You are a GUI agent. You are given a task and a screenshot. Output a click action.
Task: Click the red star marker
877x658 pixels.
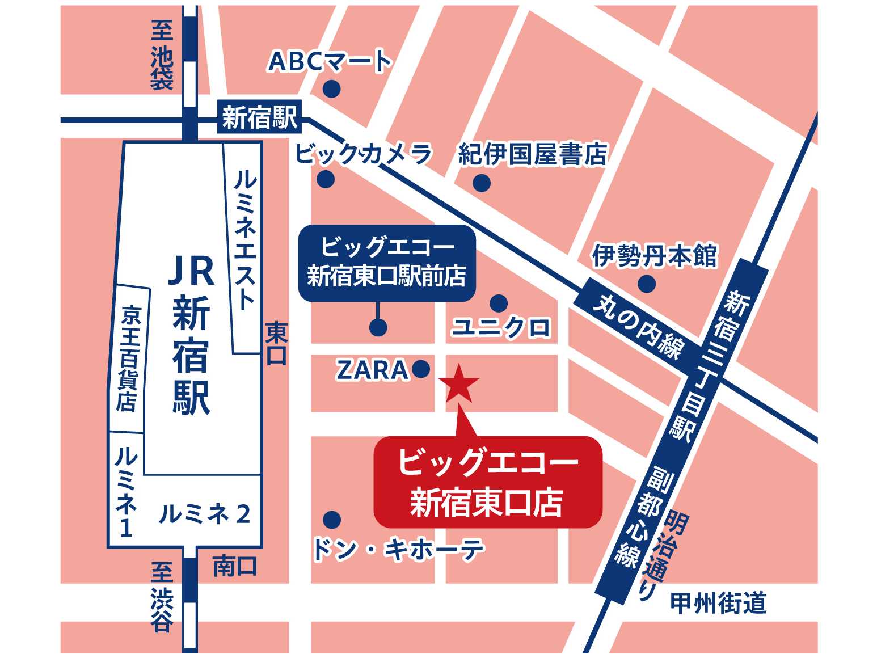pos(459,384)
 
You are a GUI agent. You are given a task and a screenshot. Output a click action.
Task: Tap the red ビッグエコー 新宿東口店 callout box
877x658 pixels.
pos(487,482)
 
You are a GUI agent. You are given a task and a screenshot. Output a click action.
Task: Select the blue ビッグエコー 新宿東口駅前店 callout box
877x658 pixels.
pos(387,263)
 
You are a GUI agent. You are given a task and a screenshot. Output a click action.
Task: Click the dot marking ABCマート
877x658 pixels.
pos(331,89)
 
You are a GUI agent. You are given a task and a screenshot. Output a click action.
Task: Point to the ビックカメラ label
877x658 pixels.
pos(364,154)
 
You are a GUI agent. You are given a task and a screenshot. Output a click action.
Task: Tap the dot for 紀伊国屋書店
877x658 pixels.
pos(481,183)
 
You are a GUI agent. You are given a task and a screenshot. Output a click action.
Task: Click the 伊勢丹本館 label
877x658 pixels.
pos(655,255)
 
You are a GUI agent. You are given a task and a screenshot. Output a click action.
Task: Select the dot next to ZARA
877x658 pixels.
pos(421,369)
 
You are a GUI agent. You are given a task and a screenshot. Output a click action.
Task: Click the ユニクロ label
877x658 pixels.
pos(501,327)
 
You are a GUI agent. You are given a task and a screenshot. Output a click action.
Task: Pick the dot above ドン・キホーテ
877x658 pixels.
pos(332,519)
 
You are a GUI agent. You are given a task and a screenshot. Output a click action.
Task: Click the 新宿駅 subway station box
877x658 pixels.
pos(259,118)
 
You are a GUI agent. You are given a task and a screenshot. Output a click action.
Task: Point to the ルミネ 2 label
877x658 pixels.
pos(204,514)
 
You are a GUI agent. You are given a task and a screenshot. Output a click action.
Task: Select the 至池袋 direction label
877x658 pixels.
pos(162,55)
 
